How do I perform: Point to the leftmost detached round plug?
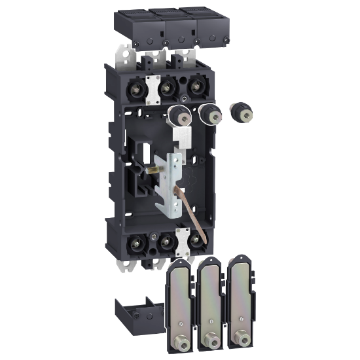179,117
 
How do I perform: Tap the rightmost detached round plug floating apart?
245,111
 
